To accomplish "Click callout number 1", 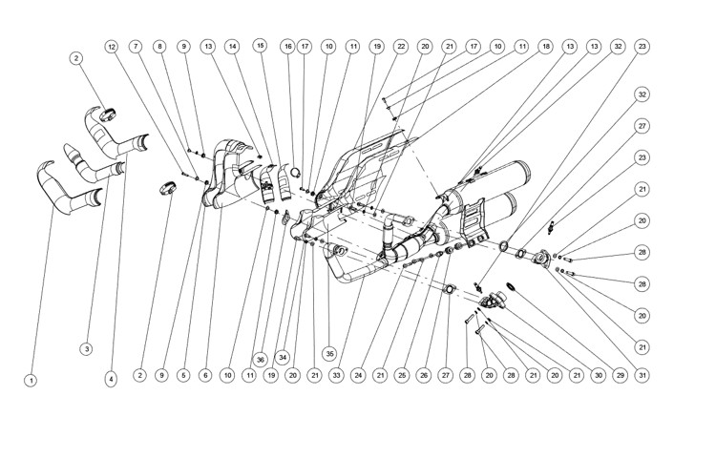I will click(31, 380).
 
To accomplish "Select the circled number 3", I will click(87, 349).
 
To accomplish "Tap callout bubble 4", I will click(111, 379).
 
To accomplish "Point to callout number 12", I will click(112, 46).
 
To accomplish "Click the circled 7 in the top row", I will click(136, 46).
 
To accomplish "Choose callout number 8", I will click(159, 46).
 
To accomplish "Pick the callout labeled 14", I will click(231, 46).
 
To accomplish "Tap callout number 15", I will click(260, 45).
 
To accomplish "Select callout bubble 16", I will click(287, 46).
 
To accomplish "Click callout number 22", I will click(401, 46).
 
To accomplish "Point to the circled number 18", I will click(545, 46).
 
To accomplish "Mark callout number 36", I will click(259, 359).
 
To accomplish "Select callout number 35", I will click(330, 351).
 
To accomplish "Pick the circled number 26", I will click(423, 376).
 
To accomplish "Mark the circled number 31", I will click(642, 376).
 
